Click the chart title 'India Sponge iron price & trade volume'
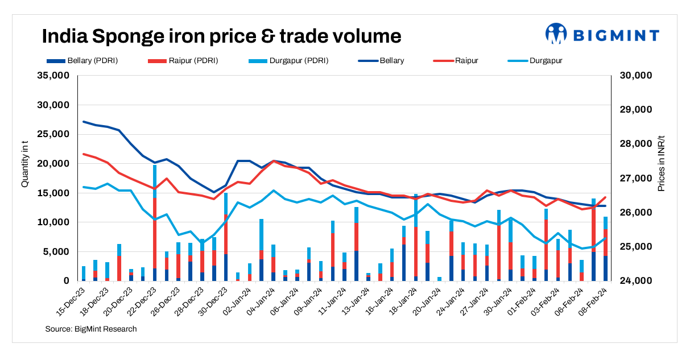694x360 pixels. tap(222, 36)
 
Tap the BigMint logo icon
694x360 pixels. tap(556, 34)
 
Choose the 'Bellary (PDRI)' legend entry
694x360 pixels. tap(82, 60)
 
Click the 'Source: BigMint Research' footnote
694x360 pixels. tap(91, 329)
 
